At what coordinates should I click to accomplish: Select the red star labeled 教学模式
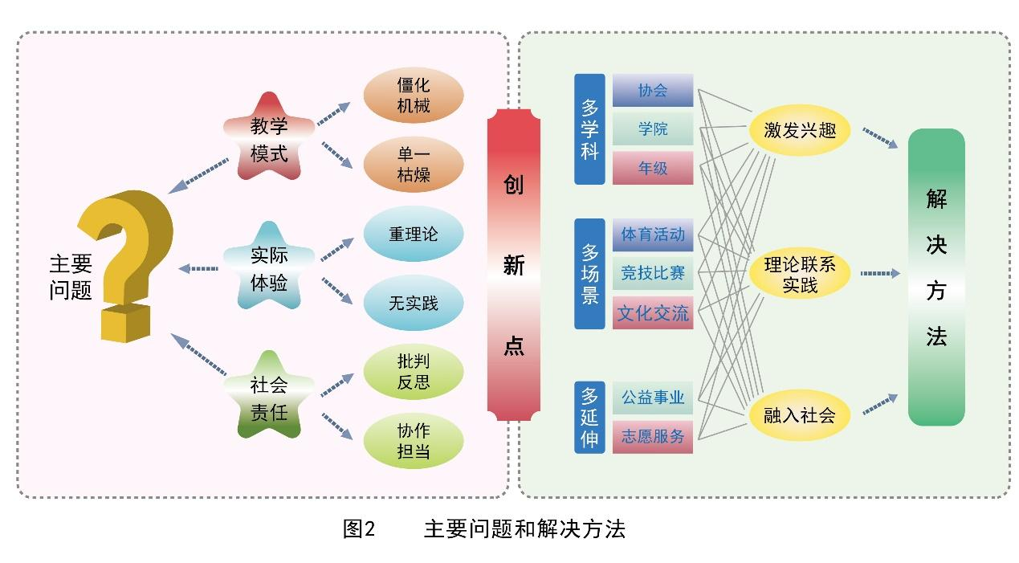coord(268,137)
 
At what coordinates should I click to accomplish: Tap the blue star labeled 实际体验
coord(268,268)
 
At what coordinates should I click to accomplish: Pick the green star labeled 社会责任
coord(268,398)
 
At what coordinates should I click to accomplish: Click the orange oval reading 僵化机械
coord(414,96)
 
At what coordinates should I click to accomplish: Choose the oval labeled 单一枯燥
coord(414,165)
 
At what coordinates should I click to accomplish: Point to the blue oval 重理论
coord(414,235)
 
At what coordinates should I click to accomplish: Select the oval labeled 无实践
coord(414,303)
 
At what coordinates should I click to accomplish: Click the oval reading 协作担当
coord(414,441)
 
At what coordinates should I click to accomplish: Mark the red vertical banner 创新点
coord(514,265)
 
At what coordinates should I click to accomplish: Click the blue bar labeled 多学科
coord(589,129)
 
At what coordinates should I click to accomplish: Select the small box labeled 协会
coord(653,91)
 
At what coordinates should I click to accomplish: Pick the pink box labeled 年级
coord(653,168)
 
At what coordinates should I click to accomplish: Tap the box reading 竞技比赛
coord(653,274)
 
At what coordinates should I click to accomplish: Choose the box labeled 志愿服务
coord(653,436)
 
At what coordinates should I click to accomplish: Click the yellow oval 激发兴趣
coord(800,130)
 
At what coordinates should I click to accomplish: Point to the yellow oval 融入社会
coord(800,415)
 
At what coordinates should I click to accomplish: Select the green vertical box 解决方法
coord(936,277)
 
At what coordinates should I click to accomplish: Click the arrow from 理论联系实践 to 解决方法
coord(880,274)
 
